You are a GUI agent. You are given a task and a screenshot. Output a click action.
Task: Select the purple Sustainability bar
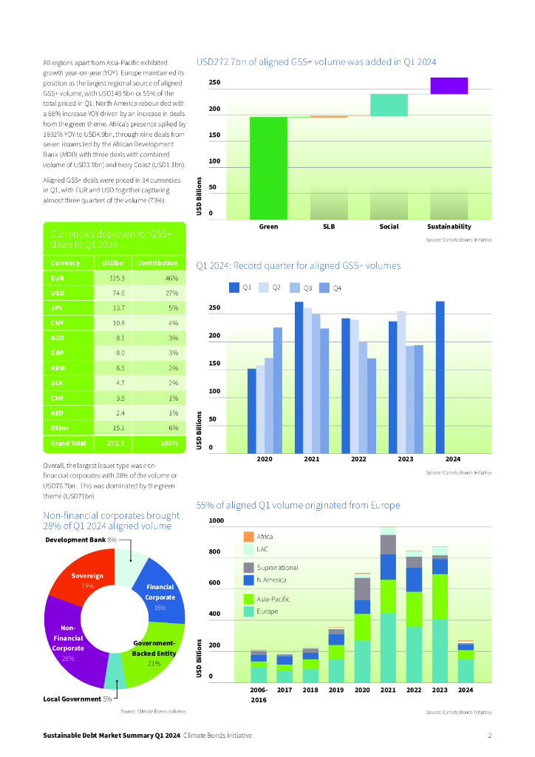click(449, 86)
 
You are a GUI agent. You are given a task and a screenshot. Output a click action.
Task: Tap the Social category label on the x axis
click(389, 226)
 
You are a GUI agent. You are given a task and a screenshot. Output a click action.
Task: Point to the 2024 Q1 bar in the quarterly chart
click(440, 377)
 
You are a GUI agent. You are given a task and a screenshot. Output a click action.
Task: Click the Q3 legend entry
click(304, 287)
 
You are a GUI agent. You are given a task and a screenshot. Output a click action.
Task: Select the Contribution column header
click(157, 262)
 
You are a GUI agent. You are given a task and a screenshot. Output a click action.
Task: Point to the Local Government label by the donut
click(72, 699)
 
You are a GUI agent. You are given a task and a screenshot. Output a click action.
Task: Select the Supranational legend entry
click(277, 567)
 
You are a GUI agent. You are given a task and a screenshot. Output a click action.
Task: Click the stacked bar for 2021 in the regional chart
click(388, 606)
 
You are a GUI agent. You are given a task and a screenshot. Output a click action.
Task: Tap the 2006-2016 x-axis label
click(258, 694)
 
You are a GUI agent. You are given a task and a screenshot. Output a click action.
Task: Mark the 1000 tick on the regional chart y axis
click(216, 520)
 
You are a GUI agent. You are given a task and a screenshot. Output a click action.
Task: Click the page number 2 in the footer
click(489, 736)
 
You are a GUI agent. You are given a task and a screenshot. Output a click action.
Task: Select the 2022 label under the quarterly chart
click(358, 459)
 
